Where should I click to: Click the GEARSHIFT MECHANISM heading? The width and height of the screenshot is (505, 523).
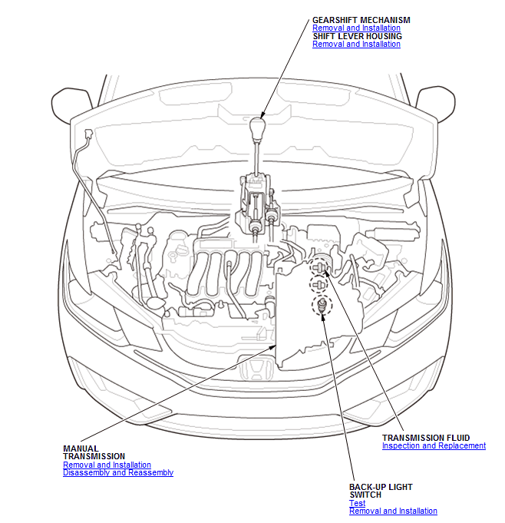click(x=361, y=20)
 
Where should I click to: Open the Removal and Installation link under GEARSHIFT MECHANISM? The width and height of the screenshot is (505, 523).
click(x=356, y=28)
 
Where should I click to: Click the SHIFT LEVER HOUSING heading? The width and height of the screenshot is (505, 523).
click(x=358, y=36)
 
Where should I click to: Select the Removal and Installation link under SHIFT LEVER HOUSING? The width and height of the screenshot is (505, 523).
click(x=356, y=44)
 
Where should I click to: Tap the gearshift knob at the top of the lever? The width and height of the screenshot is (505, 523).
click(x=257, y=128)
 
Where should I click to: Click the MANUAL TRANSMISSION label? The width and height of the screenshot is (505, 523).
click(x=94, y=452)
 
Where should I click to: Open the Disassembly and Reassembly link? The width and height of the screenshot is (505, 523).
click(x=118, y=472)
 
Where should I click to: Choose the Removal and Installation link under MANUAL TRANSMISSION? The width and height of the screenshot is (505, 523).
click(x=107, y=465)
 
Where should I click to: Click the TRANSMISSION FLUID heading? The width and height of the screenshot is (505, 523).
click(x=426, y=438)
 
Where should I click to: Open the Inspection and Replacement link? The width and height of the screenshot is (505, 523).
click(x=434, y=445)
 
